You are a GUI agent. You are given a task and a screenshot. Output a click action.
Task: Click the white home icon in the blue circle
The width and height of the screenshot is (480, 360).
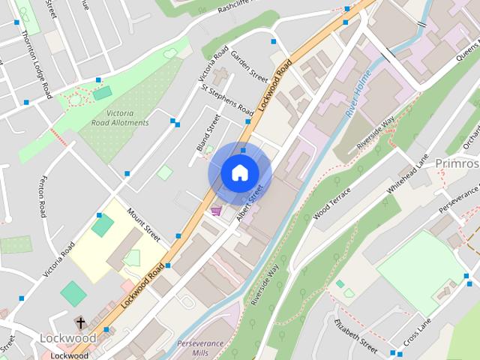point(238,173)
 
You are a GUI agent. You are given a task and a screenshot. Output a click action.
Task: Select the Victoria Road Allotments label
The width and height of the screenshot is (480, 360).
point(117,117)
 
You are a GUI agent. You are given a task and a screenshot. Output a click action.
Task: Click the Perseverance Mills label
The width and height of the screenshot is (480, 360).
point(202,348)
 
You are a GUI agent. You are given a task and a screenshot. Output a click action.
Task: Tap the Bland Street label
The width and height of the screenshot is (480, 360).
point(208,133)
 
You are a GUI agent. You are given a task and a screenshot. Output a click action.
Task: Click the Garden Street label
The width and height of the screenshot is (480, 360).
point(250,67)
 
